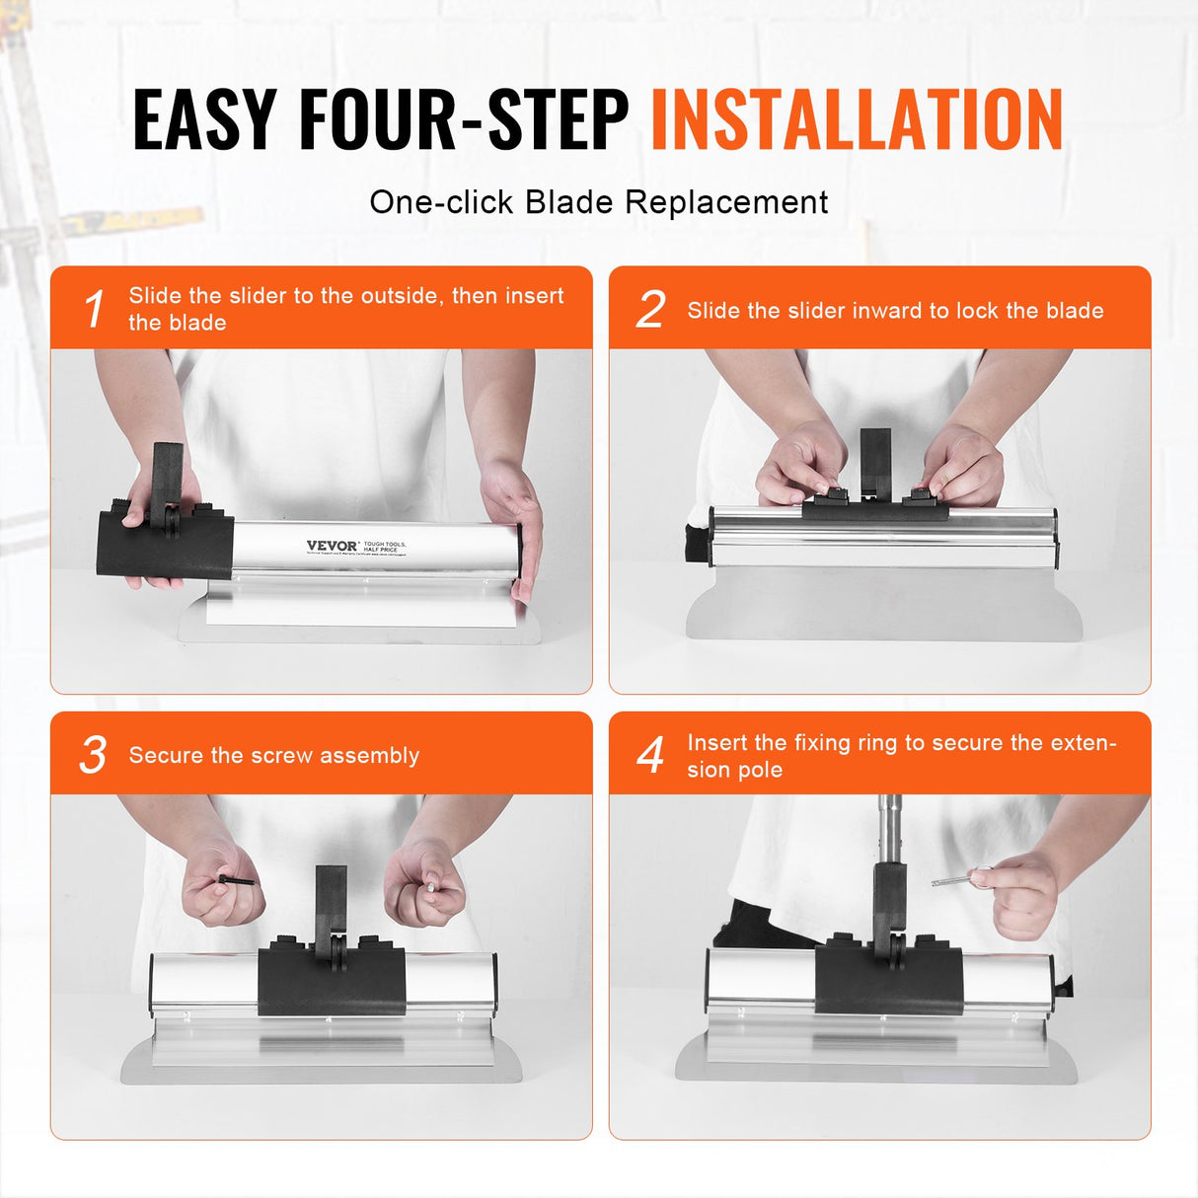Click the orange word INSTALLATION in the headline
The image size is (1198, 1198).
tap(857, 120)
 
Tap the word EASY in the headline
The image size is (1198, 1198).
tap(204, 120)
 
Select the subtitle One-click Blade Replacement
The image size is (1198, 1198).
tap(598, 202)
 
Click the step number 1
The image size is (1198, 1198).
tap(94, 309)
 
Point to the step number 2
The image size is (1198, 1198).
tap(650, 310)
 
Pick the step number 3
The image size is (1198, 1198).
tap(93, 755)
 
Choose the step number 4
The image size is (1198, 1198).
tap(650, 756)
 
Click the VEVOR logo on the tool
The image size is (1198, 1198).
tap(332, 546)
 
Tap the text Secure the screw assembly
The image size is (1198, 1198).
tap(274, 756)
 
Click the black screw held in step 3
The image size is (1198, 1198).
tap(237, 879)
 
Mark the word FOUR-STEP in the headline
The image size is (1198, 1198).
tap(464, 120)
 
